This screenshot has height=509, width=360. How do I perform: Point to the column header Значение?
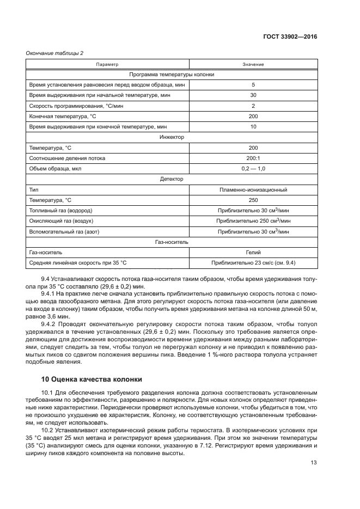point(253,64)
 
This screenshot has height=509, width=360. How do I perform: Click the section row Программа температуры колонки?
point(172,75)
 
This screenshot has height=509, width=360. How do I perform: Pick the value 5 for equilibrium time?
point(253,85)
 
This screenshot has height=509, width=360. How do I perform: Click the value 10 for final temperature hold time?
point(253,126)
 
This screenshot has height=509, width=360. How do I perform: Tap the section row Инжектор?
point(172,137)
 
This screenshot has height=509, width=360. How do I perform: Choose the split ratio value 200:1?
point(253,158)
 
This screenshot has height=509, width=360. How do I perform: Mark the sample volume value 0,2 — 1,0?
point(253,168)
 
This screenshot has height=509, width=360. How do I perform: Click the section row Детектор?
point(172,179)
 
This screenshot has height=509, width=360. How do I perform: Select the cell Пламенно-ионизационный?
point(253,189)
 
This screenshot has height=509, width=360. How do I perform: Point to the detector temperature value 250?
point(253,200)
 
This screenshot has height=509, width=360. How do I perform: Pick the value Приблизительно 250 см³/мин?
point(253,220)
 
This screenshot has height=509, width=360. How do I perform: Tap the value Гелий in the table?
point(253,252)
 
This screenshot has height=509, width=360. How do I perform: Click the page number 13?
point(313,463)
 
